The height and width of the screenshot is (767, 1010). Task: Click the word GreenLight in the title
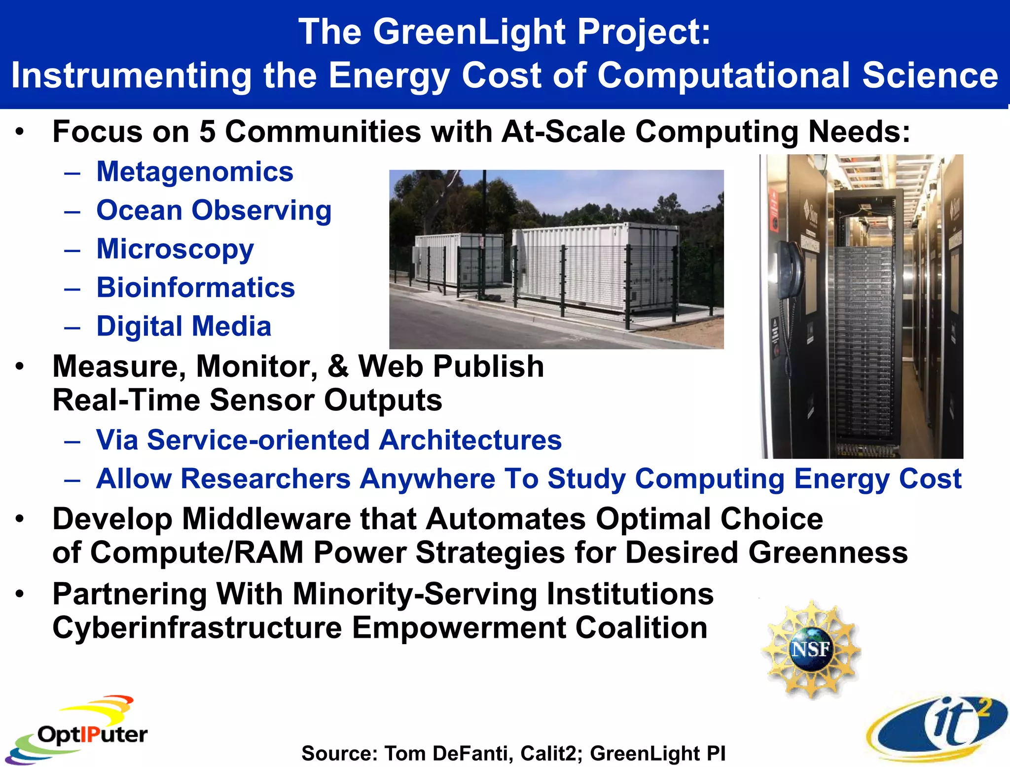click(469, 32)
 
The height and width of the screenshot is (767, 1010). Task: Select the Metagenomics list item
click(195, 172)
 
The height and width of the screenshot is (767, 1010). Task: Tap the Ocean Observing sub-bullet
click(214, 211)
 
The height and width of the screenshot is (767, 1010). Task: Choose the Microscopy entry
click(175, 249)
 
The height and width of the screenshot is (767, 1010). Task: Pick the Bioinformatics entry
click(195, 288)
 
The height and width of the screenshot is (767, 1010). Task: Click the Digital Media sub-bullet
click(183, 327)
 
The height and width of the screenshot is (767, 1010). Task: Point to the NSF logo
click(811, 649)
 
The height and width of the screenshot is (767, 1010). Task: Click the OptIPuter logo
click(79, 730)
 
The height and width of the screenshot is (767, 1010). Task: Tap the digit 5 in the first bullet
click(207, 132)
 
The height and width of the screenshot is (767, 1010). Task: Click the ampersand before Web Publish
click(338, 367)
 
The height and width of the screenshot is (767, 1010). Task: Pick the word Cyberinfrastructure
click(197, 628)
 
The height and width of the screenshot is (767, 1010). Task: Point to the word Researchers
click(266, 479)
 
